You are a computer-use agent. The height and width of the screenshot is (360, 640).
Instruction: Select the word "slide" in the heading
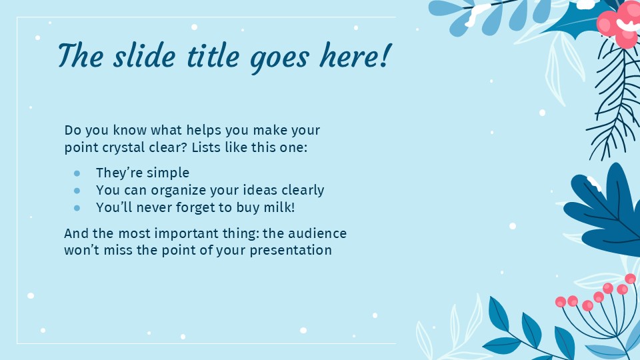(x=142, y=56)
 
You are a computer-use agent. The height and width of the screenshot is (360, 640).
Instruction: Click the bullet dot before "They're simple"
(x=77, y=173)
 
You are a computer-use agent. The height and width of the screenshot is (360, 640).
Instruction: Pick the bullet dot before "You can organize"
(x=77, y=191)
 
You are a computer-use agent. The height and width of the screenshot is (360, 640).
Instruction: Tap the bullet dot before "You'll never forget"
(x=77, y=208)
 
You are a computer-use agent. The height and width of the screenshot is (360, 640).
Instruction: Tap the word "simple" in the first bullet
(x=168, y=173)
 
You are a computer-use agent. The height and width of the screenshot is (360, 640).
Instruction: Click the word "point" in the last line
(x=169, y=251)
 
